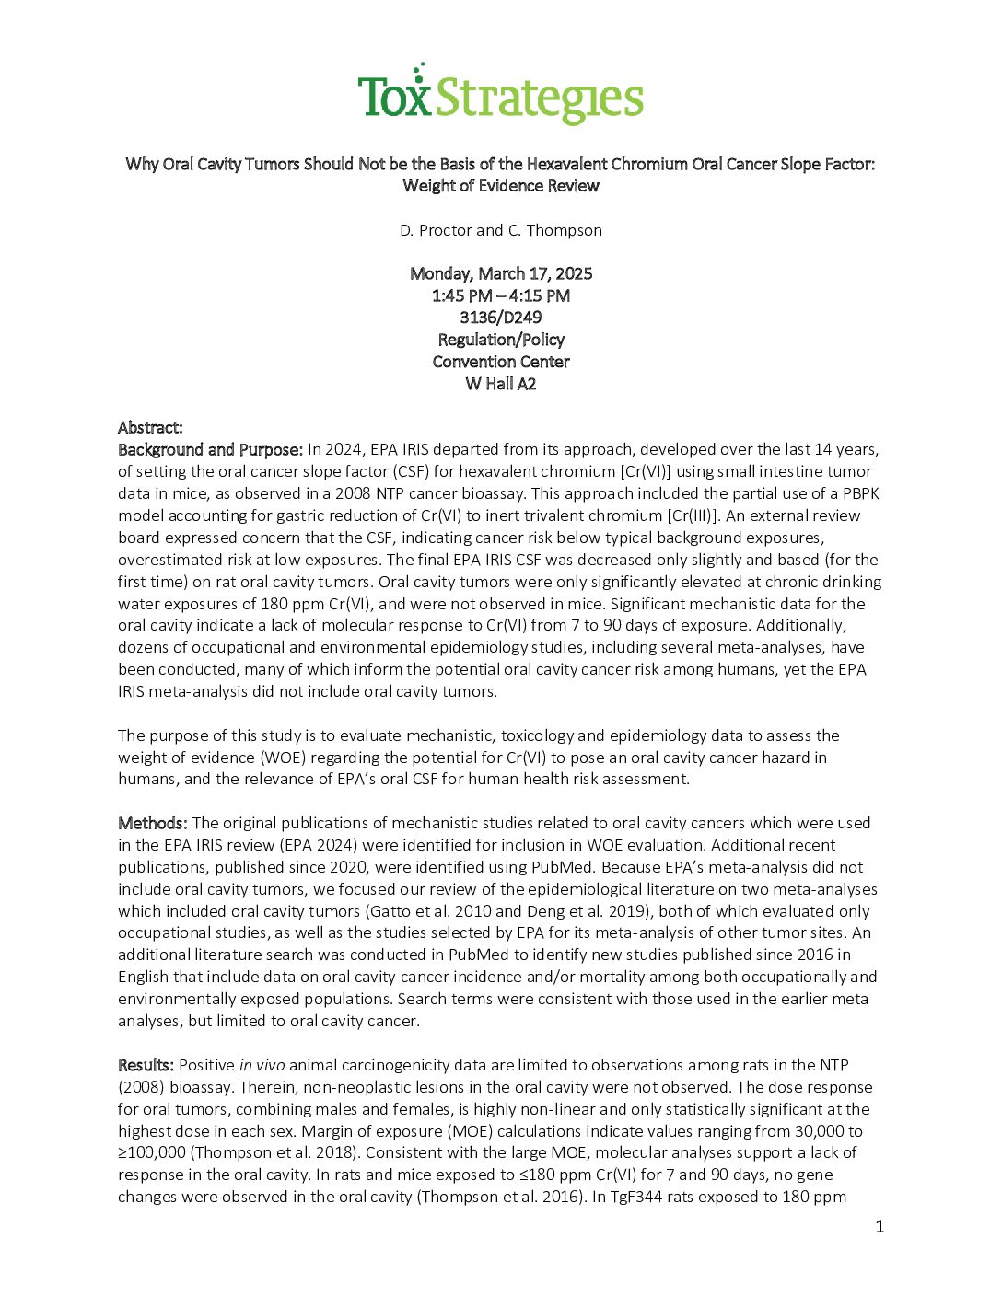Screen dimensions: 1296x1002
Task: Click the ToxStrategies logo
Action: [x=500, y=95]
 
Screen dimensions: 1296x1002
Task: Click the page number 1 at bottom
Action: [x=880, y=1226]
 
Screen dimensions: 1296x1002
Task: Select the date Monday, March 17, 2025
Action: [x=500, y=273]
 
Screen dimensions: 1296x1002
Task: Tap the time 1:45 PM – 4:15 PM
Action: [x=500, y=295]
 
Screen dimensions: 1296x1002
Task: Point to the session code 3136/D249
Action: [x=500, y=318]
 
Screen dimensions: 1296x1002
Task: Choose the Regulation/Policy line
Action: [x=500, y=340]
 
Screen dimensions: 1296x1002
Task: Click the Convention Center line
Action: [x=500, y=362]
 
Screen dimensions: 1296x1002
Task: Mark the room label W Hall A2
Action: [x=500, y=384]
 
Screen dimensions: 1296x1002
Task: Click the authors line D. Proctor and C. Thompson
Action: [x=500, y=230]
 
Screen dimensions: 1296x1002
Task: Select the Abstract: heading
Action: [x=150, y=427]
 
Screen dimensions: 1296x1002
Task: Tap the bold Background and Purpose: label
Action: [x=210, y=450]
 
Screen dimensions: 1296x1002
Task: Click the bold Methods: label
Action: [x=153, y=823]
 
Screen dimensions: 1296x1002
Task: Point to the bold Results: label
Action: [x=146, y=1065]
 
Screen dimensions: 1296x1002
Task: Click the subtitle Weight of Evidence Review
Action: [x=500, y=186]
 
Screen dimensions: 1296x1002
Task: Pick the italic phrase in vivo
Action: [x=262, y=1065]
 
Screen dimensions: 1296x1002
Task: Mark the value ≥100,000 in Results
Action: [x=152, y=1153]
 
